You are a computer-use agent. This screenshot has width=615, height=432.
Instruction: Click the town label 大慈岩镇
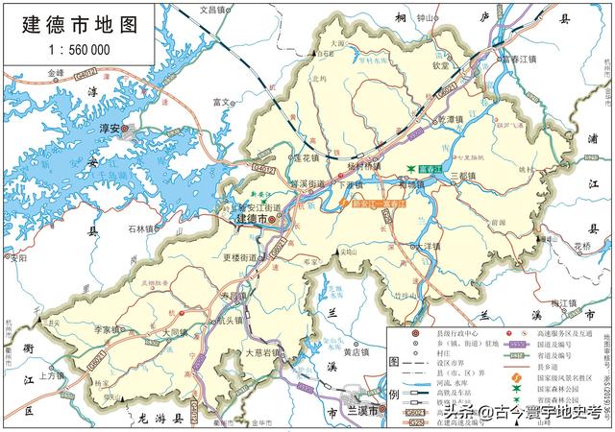tap(261, 352)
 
